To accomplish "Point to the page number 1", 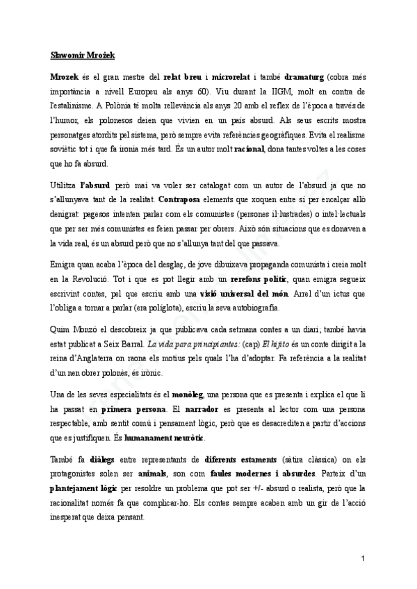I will point(363,558).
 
